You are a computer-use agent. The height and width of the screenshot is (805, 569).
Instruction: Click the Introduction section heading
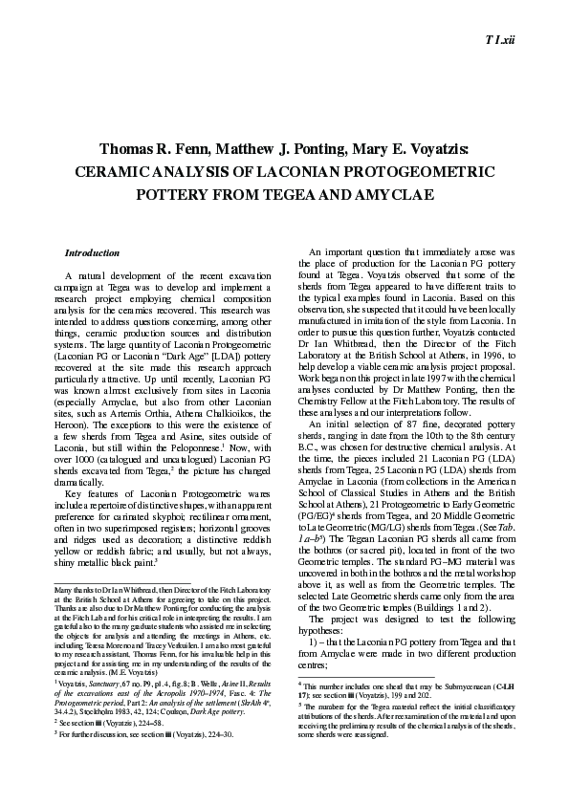tap(92, 252)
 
